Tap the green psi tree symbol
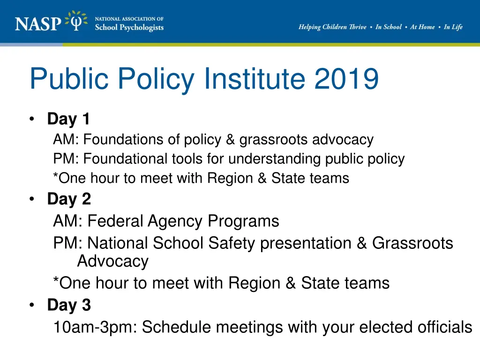click(x=76, y=22)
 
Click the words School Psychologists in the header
click(x=129, y=27)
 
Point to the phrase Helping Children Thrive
click(x=332, y=27)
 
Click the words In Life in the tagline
click(x=453, y=27)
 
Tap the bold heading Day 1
click(x=68, y=119)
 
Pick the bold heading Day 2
click(x=69, y=199)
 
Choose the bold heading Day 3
click(x=69, y=305)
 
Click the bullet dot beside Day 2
click(x=31, y=199)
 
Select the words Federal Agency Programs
click(x=183, y=221)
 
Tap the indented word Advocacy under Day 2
click(x=112, y=261)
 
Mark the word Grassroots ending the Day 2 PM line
click(x=412, y=243)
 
